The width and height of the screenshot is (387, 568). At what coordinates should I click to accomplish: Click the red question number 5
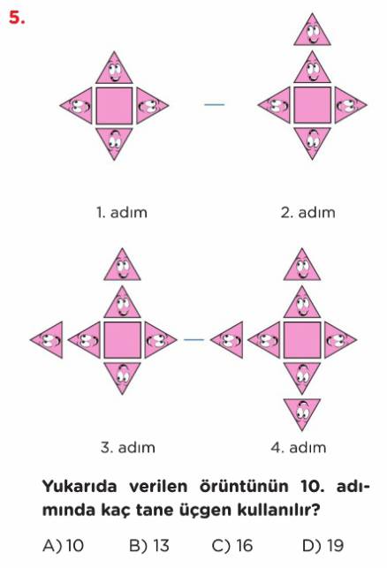point(17,18)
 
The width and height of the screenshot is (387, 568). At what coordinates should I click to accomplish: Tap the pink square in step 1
point(114,105)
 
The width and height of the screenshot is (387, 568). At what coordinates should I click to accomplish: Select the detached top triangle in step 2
point(312,29)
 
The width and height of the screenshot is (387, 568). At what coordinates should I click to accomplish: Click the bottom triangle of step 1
point(114,143)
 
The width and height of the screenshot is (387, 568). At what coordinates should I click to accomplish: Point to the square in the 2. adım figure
point(312,105)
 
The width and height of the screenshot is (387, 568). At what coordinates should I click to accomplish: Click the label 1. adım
point(122,213)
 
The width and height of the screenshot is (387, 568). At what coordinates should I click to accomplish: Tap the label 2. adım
point(308,213)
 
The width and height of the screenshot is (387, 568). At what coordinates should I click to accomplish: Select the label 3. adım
point(128,447)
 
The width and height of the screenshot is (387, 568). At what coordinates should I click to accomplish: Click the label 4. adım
point(299,447)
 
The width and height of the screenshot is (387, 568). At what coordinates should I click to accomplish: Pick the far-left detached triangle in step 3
point(47,340)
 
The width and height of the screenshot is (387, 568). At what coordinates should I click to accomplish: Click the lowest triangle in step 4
point(302,414)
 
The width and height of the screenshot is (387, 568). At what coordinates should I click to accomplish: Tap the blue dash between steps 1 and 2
point(215,105)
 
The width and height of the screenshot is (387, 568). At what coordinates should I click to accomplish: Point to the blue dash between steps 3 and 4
point(193,340)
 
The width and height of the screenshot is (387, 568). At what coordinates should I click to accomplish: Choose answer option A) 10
point(64,546)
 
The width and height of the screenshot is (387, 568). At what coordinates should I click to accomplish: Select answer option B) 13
point(149,546)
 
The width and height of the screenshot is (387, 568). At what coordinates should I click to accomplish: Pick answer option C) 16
point(232,546)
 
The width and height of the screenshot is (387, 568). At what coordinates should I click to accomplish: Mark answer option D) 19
point(322,546)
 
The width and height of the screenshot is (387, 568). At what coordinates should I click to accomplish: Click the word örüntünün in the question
point(244,486)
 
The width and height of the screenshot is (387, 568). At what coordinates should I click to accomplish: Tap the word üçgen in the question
point(205,511)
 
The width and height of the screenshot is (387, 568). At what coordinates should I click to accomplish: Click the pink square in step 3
point(123,340)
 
